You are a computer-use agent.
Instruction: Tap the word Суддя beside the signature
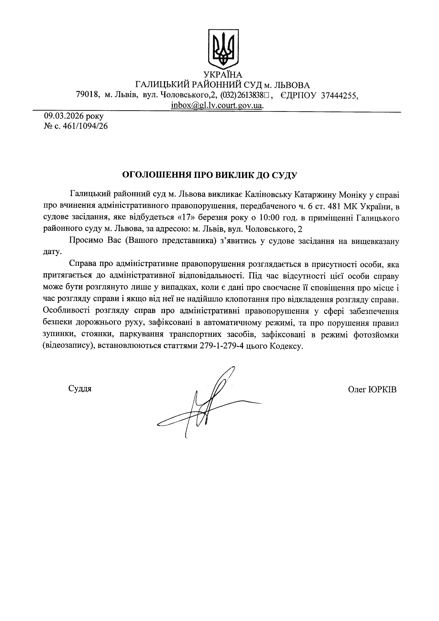tap(80, 389)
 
